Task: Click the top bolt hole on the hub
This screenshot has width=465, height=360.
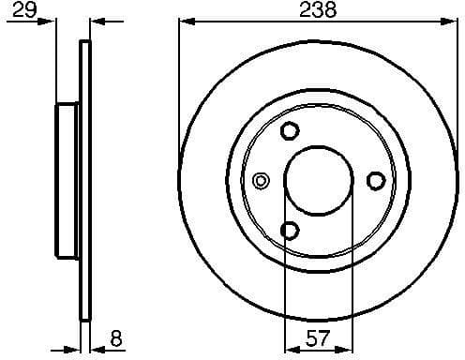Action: (x=291, y=130)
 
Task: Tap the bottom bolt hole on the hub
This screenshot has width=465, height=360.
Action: (x=291, y=230)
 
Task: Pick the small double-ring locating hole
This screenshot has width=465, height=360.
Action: (x=262, y=180)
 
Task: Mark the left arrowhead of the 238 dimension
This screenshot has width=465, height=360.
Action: (x=184, y=20)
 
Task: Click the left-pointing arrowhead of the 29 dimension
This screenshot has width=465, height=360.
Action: (x=97, y=20)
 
